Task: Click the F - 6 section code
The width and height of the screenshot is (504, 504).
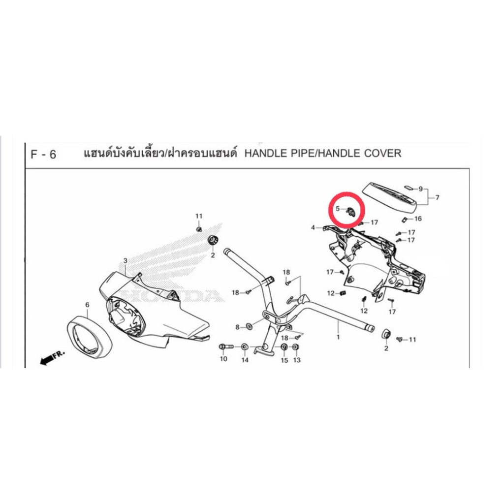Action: [x=43, y=155]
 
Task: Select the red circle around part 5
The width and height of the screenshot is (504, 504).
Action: [x=346, y=210]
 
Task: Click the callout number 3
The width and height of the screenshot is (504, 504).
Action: [x=126, y=260]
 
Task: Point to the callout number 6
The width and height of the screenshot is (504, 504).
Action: [x=87, y=304]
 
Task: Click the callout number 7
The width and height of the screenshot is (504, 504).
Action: [x=437, y=197]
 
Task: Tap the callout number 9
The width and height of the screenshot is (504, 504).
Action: [x=420, y=189]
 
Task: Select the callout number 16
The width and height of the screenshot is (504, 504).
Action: [x=418, y=219]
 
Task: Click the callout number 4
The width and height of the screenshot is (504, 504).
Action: [x=313, y=227]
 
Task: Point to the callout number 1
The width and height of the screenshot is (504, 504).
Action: [x=338, y=337]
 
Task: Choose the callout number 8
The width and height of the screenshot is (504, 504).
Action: [x=238, y=327]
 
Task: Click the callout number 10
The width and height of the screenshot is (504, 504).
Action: [x=223, y=359]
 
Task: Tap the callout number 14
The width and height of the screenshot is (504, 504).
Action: [x=245, y=360]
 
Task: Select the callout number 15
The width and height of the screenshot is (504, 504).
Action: [x=284, y=360]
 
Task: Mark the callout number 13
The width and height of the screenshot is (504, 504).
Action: [x=297, y=360]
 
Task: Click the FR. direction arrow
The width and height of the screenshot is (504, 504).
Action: [x=52, y=358]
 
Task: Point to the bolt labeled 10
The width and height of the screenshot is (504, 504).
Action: [x=226, y=347]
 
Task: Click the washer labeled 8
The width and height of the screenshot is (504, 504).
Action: [x=249, y=327]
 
